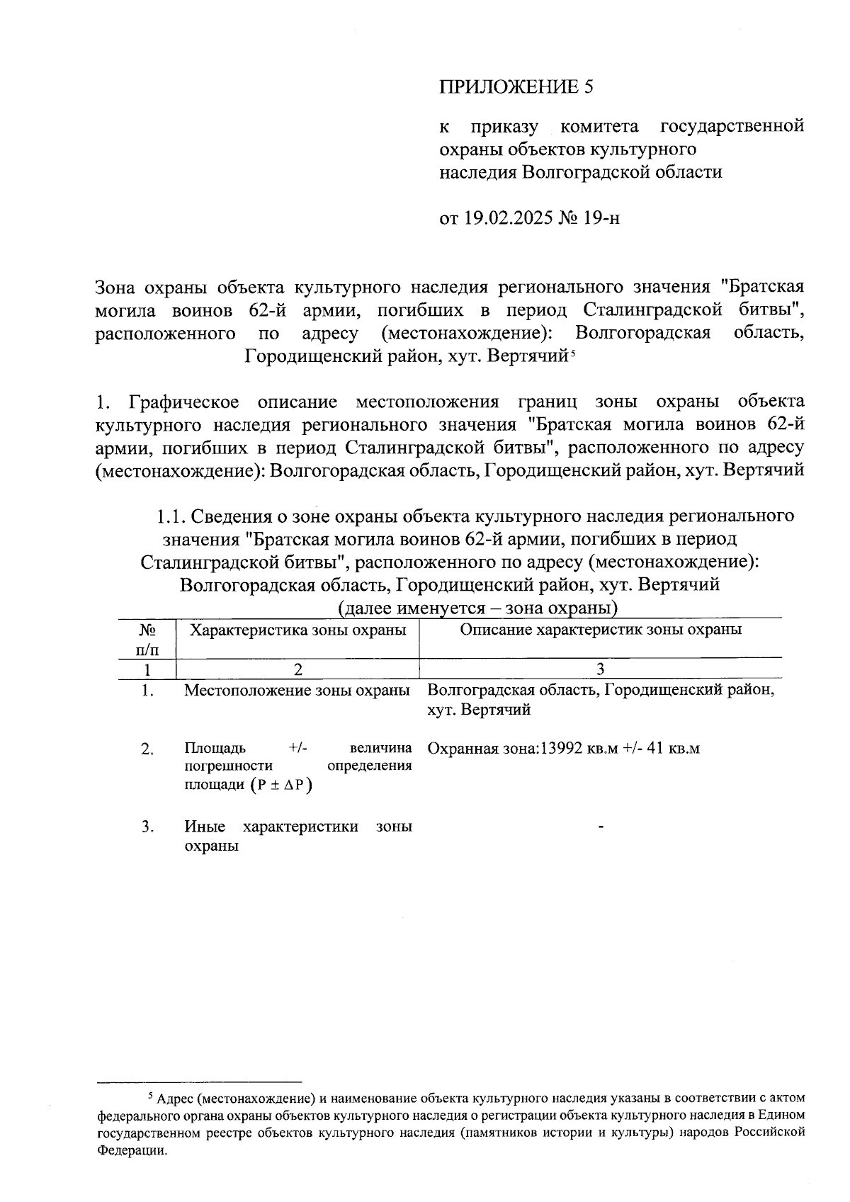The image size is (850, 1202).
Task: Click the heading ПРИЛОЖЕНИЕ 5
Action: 515,87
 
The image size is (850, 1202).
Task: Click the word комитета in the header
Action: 599,127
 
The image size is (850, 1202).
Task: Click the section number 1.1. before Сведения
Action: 171,516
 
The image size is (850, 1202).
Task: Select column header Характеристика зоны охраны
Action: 297,630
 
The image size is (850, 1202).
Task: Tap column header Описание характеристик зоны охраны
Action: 601,630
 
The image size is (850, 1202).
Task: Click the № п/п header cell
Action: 147,639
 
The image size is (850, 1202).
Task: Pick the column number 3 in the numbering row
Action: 601,669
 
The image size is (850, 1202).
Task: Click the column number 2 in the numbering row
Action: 297,669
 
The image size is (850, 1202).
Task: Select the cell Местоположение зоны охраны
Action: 297,691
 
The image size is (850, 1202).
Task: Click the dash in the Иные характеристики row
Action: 601,827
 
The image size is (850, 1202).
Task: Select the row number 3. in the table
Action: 147,827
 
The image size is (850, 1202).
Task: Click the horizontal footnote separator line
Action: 199,1082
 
